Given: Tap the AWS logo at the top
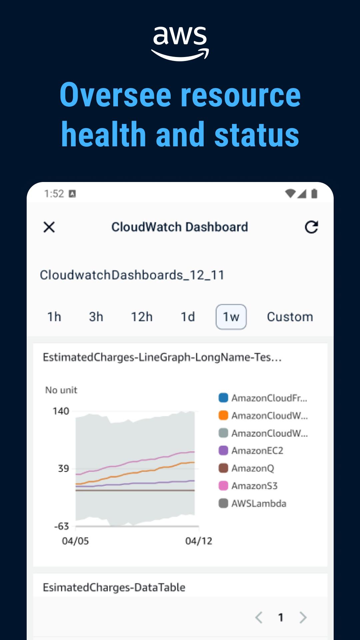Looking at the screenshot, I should [180, 43].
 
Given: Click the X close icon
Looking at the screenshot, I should [49, 227].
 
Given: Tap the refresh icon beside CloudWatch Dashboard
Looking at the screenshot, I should [311, 227].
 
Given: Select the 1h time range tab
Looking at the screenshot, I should [54, 317].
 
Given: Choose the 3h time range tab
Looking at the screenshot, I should [96, 317].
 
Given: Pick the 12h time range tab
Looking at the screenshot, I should [142, 317].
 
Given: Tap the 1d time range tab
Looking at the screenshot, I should [188, 317].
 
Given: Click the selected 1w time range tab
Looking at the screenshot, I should [231, 317].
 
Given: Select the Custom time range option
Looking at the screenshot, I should [290, 317].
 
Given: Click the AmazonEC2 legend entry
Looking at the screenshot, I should [257, 451].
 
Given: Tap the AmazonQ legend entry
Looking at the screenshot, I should [253, 468].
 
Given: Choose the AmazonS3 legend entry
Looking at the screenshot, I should [254, 486].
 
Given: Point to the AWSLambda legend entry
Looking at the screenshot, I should [259, 503].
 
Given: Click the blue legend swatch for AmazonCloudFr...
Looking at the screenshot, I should [223, 398].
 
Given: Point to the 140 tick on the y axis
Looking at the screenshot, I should [61, 411].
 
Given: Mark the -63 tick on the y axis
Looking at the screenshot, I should [61, 526].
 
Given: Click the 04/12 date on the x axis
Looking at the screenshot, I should [199, 541].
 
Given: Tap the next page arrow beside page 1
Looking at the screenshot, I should [303, 617].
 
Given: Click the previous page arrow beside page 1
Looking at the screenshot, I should [259, 617].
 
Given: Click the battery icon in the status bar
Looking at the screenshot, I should [314, 194].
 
